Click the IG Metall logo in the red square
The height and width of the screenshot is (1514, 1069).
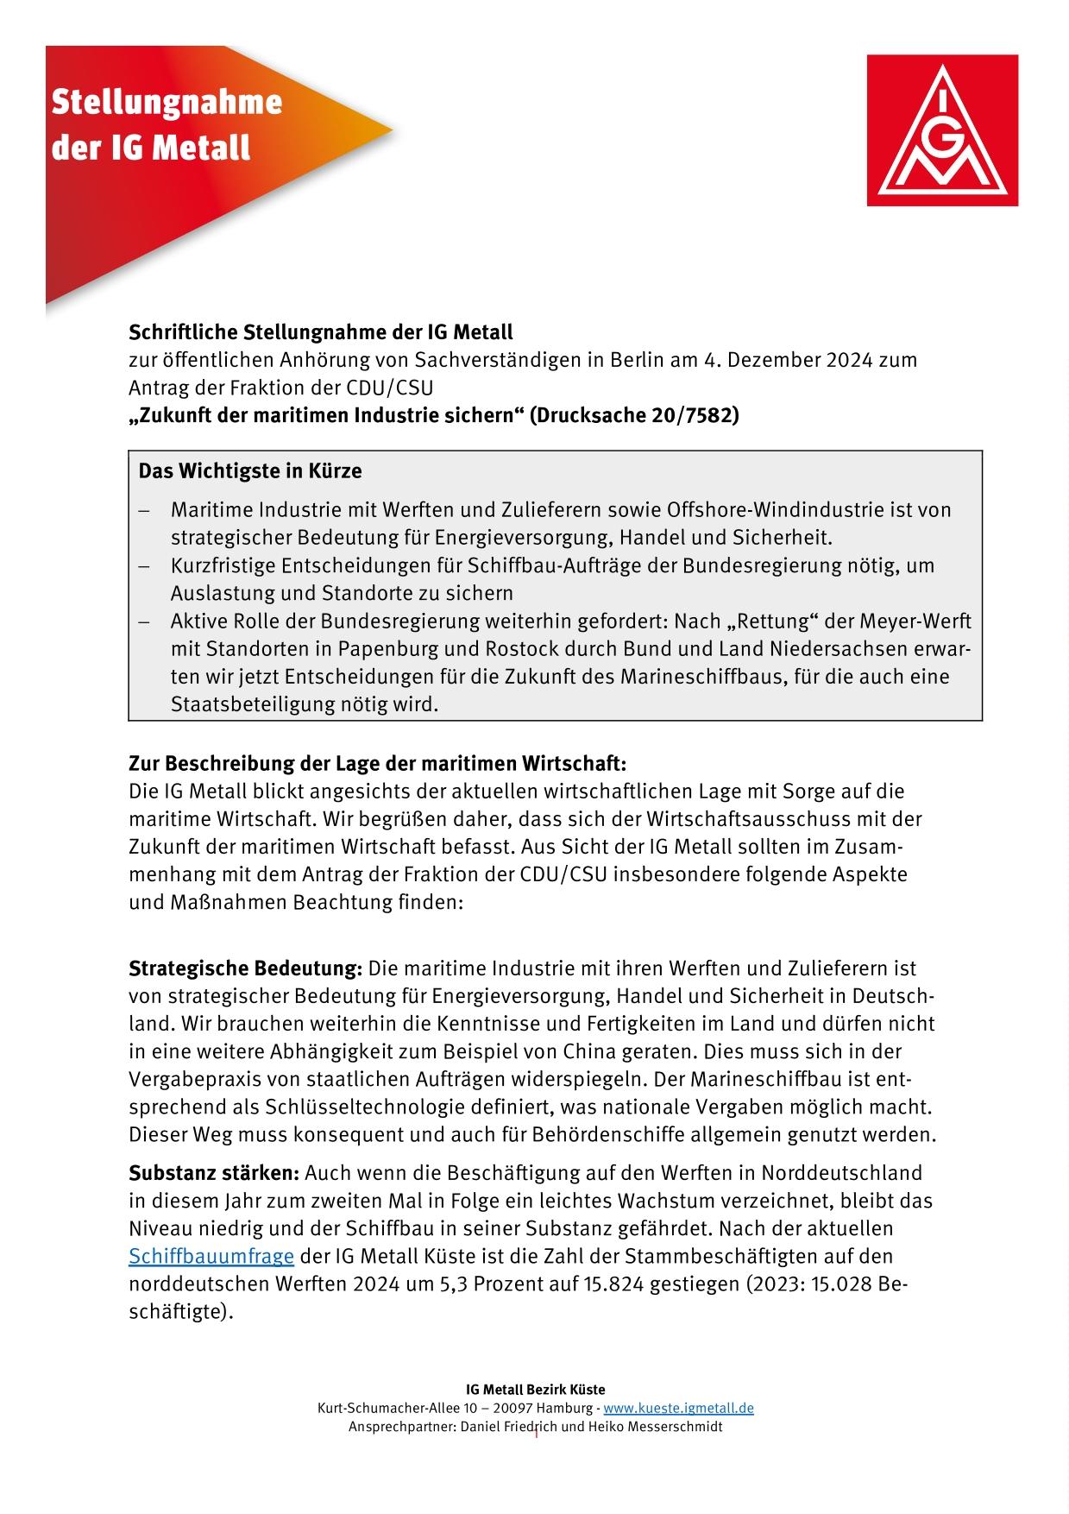[x=942, y=130]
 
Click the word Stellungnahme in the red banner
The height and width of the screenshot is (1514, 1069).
[x=167, y=103]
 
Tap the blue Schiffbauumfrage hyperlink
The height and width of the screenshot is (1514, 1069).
[x=211, y=1256]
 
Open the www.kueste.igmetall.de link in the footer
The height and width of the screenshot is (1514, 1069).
[x=678, y=1408]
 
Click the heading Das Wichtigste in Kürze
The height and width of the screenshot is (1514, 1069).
[x=250, y=471]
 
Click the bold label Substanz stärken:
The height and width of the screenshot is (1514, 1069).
[x=213, y=1173]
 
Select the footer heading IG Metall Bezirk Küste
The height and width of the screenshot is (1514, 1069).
[x=535, y=1390]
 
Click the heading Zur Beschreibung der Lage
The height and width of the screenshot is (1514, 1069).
[x=376, y=764]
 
